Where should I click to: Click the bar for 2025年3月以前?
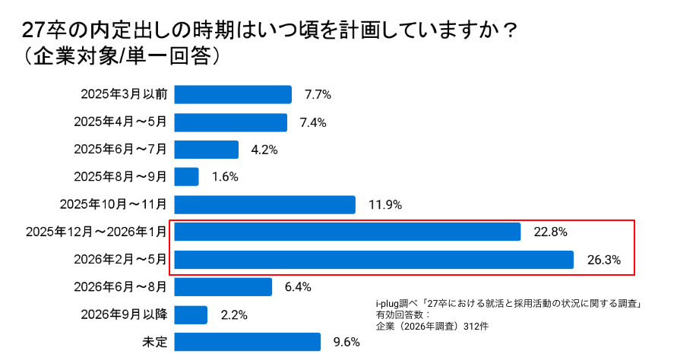(233, 94)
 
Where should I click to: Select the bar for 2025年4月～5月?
(230, 122)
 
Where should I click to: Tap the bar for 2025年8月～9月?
(186, 177)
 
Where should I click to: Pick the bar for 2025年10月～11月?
(264, 204)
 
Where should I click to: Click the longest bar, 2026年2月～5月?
(373, 260)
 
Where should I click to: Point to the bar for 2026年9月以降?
(191, 314)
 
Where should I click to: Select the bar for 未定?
(247, 342)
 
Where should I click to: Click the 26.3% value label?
(604, 260)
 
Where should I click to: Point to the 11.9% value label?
(385, 204)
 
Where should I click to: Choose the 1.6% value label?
(226, 177)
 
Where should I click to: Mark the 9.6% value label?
(346, 342)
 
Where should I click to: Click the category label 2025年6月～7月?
(120, 150)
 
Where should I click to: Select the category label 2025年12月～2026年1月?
(95, 232)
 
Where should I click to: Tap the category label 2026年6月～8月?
(120, 287)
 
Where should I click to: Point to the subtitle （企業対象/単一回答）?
(122, 56)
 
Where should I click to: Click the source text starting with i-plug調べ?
(510, 303)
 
